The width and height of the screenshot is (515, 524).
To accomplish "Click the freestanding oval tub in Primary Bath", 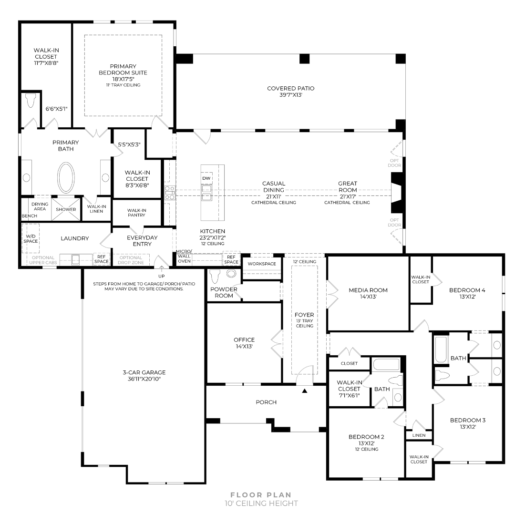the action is point(66,177).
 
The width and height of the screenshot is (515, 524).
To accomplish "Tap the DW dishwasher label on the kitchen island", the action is point(206,178).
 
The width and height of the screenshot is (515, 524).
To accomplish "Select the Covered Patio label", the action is point(291,88).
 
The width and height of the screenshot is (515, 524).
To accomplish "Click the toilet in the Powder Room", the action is point(214,276).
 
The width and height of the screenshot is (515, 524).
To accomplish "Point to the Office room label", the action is point(244,340).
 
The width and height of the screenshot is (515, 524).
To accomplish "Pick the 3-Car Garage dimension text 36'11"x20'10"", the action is point(144,379).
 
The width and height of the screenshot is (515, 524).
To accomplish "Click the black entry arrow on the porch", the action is point(304,390).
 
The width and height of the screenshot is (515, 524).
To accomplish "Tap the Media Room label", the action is point(368,290).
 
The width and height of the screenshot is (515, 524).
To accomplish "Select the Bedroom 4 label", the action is point(467,290).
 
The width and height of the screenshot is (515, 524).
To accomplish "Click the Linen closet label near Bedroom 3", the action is point(419,435).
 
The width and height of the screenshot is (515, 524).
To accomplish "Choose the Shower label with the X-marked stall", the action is point(66,209).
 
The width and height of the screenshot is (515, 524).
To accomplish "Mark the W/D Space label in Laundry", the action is point(31,238).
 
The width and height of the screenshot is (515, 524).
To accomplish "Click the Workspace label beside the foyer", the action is point(262,264).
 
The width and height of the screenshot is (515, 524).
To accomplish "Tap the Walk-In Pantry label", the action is point(136,213).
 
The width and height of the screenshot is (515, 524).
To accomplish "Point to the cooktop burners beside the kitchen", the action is point(170,193).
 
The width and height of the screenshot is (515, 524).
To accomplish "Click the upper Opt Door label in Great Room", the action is point(394,163).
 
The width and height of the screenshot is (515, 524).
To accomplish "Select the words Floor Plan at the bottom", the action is point(261,495).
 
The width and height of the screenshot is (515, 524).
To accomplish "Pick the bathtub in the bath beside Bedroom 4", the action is point(441,350).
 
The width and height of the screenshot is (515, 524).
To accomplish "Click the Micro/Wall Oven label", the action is point(184,257).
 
